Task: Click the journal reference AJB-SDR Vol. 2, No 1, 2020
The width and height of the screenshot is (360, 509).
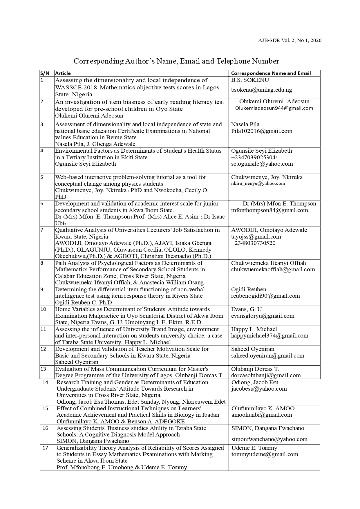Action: tap(290, 41)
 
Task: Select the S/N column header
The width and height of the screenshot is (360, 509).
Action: tap(45, 73)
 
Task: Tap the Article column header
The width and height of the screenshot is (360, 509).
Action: tap(63, 73)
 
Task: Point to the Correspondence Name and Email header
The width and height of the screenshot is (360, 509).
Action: tap(271, 73)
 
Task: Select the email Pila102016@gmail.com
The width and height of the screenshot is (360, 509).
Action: tap(262, 131)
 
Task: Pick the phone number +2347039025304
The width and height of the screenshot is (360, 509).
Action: tap(253, 157)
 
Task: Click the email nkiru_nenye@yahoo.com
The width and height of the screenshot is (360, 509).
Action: tap(258, 183)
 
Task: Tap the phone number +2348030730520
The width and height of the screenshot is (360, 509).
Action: tap(253, 243)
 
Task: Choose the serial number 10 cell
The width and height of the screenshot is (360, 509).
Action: tap(44, 309)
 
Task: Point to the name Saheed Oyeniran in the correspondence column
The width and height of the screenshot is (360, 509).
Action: tap(252, 349)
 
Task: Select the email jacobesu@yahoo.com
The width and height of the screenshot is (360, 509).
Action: tap(259, 389)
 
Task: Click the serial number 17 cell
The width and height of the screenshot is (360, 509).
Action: tap(45, 448)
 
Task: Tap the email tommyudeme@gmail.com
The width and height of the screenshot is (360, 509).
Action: tap(265, 454)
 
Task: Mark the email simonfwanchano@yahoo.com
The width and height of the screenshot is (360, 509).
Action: tap(269, 439)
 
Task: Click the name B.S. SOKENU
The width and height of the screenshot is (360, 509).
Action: tap(250, 80)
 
